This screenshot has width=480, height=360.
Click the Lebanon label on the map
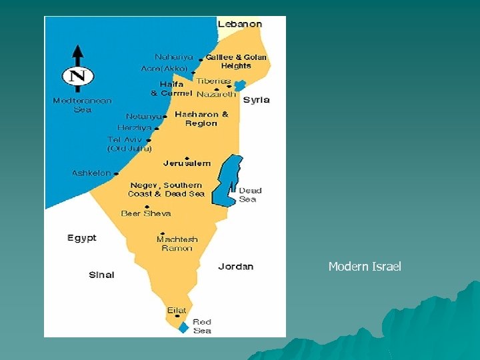[240, 24]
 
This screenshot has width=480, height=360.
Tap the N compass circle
[78, 76]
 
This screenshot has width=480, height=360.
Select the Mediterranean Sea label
[82, 105]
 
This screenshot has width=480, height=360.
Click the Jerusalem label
[187, 163]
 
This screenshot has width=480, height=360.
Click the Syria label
[256, 100]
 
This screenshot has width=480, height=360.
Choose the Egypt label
[82, 238]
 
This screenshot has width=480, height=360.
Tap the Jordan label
[235, 267]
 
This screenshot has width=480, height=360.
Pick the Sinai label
[101, 275]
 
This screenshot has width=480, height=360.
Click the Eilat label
[177, 311]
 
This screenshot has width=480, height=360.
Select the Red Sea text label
[202, 326]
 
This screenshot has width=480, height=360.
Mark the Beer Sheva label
[146, 213]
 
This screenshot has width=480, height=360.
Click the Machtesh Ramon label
[177, 243]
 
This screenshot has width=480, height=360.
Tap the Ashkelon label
[91, 173]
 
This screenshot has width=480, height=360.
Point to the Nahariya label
[174, 57]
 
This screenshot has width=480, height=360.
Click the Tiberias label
[213, 81]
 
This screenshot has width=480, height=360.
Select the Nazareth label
[216, 95]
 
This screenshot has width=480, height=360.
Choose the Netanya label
[143, 116]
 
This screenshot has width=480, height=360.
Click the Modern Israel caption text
[365, 267]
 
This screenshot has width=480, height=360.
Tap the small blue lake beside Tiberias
[239, 85]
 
